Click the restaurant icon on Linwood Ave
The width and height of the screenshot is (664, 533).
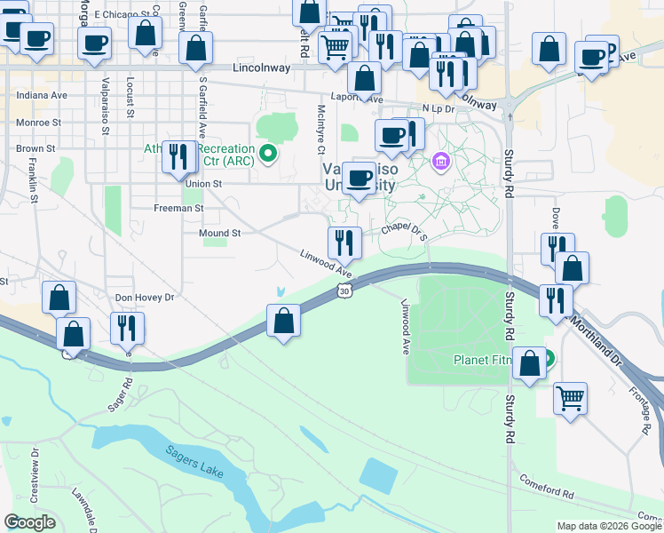(344, 242)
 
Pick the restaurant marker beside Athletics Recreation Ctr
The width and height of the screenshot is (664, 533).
(178, 156)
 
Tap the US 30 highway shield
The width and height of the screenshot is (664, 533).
(344, 290)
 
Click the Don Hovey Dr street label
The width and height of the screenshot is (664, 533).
(145, 298)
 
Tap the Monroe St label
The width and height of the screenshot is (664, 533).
(38, 122)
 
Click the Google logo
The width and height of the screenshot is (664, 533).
(29, 522)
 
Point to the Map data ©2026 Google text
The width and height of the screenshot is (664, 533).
(608, 526)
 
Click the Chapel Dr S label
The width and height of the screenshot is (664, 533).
(405, 232)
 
